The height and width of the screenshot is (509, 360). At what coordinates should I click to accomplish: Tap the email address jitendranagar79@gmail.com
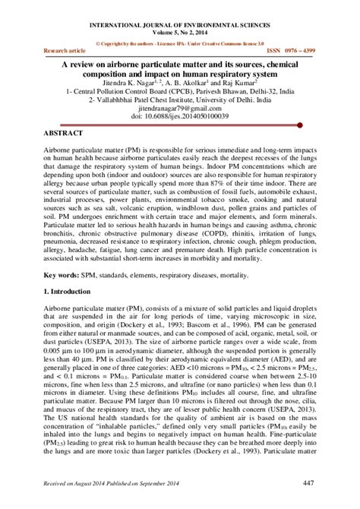coord(180,107)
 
